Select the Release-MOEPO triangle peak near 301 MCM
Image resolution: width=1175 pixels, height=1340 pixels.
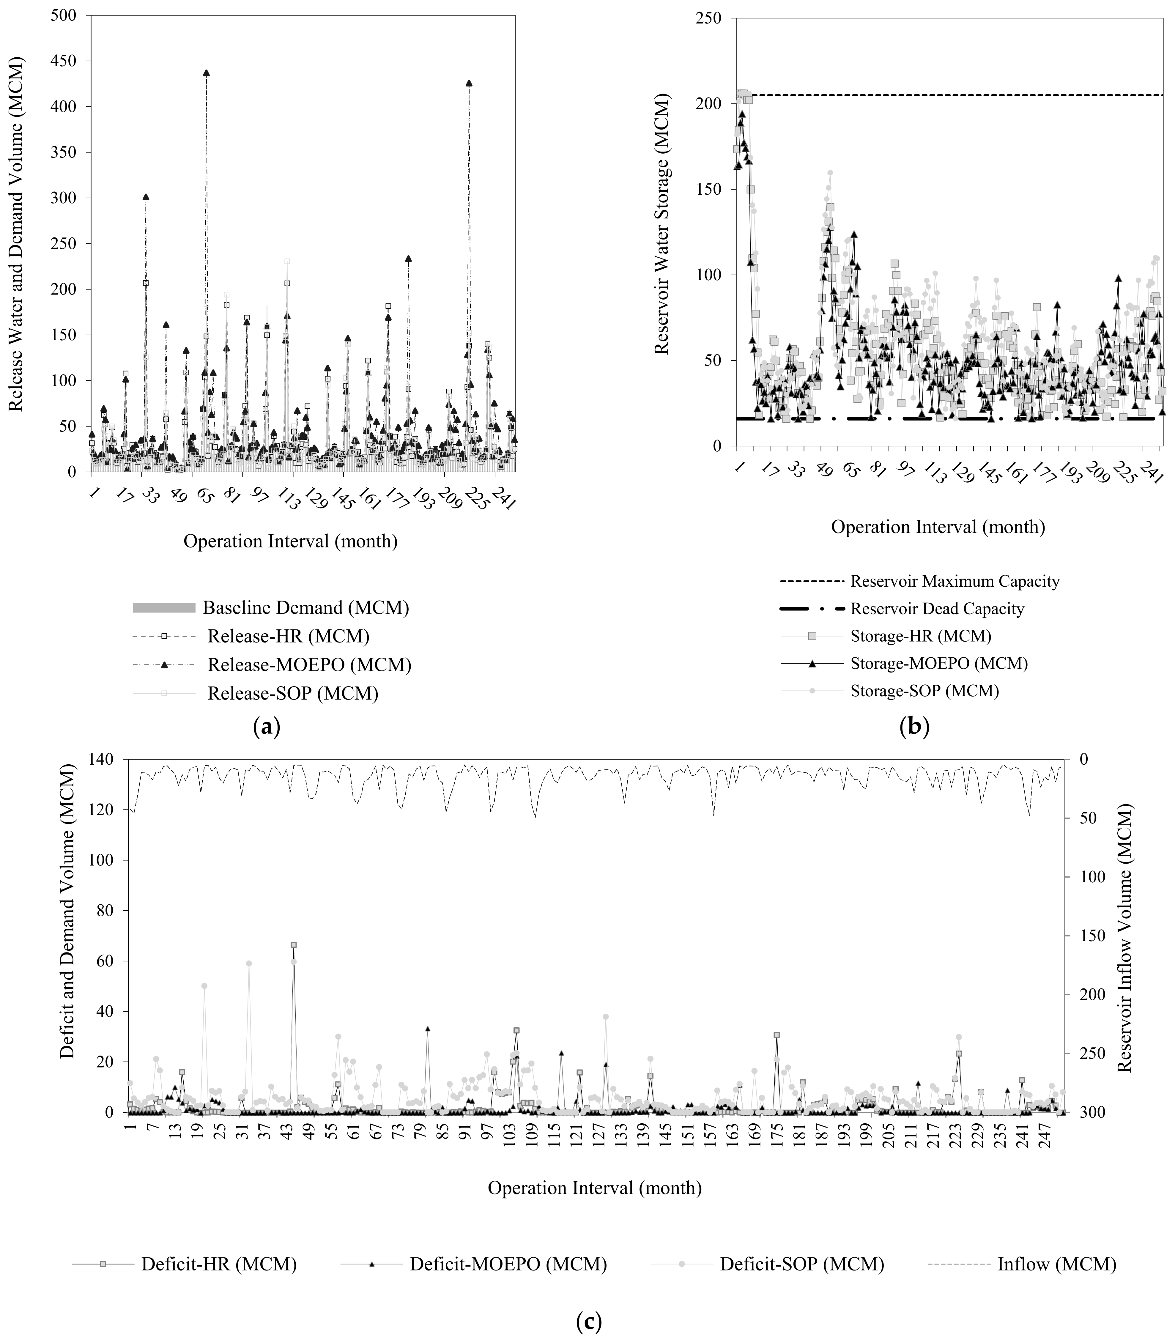[x=146, y=197]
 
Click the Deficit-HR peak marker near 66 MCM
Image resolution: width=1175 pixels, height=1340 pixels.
[x=294, y=945]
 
